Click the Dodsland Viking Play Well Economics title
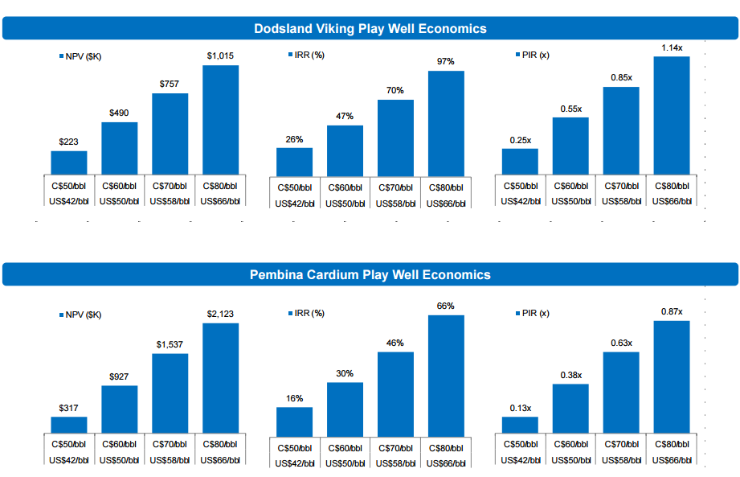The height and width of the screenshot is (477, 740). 370,28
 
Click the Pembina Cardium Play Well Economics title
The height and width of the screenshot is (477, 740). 370,274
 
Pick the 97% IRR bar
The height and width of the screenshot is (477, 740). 446,123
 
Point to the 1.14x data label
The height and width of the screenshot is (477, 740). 672,48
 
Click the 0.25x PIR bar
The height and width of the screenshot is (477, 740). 520,161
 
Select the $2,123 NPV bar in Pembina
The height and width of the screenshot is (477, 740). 220,378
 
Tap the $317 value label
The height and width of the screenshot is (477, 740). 69,407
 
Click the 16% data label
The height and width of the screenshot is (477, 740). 294,398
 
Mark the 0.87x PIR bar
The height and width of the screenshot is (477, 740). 672,376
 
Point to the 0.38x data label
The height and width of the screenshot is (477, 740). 570,374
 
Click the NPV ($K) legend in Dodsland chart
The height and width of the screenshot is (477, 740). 84,56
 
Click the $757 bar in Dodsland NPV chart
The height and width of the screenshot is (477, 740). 170,134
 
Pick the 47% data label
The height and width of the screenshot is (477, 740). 345,116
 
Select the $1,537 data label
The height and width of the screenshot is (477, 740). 170,344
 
